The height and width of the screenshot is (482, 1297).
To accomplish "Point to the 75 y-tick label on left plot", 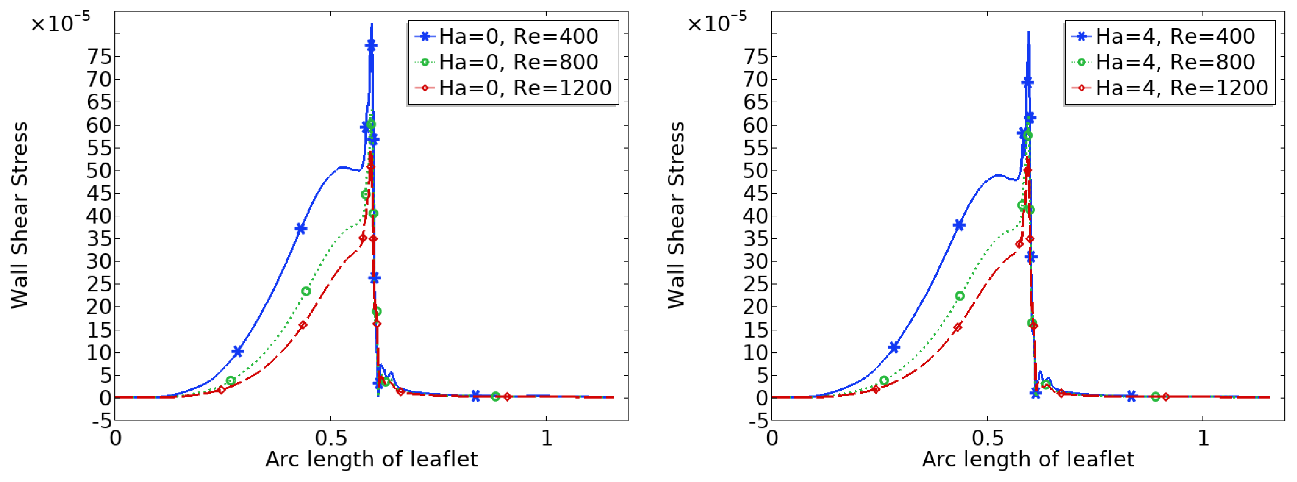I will click(x=99, y=56).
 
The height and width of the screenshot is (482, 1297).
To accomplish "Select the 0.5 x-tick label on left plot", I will click(x=331, y=438).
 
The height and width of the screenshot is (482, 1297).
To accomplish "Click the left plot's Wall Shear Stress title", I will click(x=20, y=215).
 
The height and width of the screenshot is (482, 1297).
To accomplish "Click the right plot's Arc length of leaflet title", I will click(x=1028, y=459).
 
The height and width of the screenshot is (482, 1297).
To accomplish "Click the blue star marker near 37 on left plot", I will click(x=301, y=228).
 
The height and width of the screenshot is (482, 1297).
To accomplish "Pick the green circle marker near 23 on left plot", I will click(x=306, y=291).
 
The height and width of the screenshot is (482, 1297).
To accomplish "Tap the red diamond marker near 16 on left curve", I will click(x=303, y=325).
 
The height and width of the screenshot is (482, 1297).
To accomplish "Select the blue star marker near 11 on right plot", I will click(x=894, y=347).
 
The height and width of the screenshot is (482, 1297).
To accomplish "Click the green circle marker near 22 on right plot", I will click(x=959, y=296).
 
